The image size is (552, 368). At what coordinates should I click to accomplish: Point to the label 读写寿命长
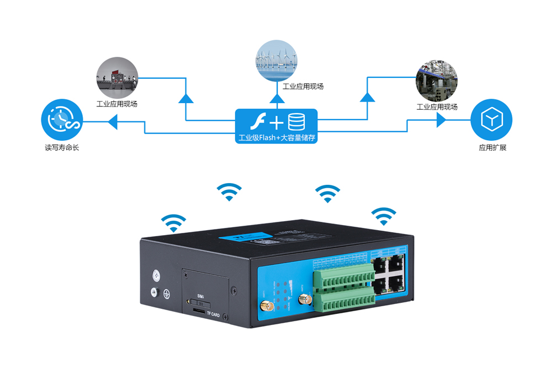[x=62, y=148]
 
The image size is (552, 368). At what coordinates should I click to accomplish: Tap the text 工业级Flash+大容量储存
[x=277, y=138]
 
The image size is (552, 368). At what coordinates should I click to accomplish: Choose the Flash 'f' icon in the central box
[x=257, y=121]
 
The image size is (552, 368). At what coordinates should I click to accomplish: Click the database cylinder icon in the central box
[x=296, y=121]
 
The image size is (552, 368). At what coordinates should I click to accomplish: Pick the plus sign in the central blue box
[x=276, y=121]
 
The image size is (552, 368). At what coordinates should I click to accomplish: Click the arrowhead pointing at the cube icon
[x=441, y=120]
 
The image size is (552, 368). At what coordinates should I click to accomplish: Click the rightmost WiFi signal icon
[x=384, y=216]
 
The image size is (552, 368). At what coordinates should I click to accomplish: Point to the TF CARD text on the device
[x=213, y=314]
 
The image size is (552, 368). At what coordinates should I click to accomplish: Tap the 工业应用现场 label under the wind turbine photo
[x=303, y=86]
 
